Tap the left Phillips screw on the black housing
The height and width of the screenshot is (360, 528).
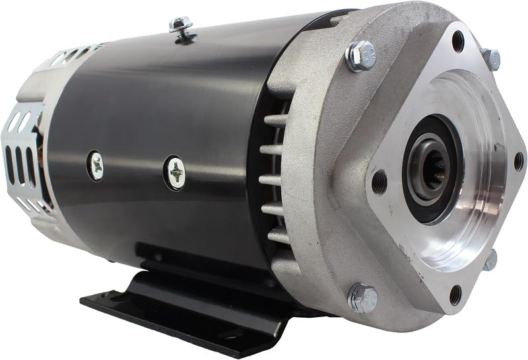[x=96, y=166]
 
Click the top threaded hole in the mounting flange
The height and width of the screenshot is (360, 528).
[x=457, y=42]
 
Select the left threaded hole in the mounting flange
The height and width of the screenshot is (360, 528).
[x=379, y=182]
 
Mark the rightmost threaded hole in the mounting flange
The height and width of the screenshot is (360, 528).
[x=518, y=161]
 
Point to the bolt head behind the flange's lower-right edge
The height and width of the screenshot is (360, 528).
[x=490, y=260]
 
